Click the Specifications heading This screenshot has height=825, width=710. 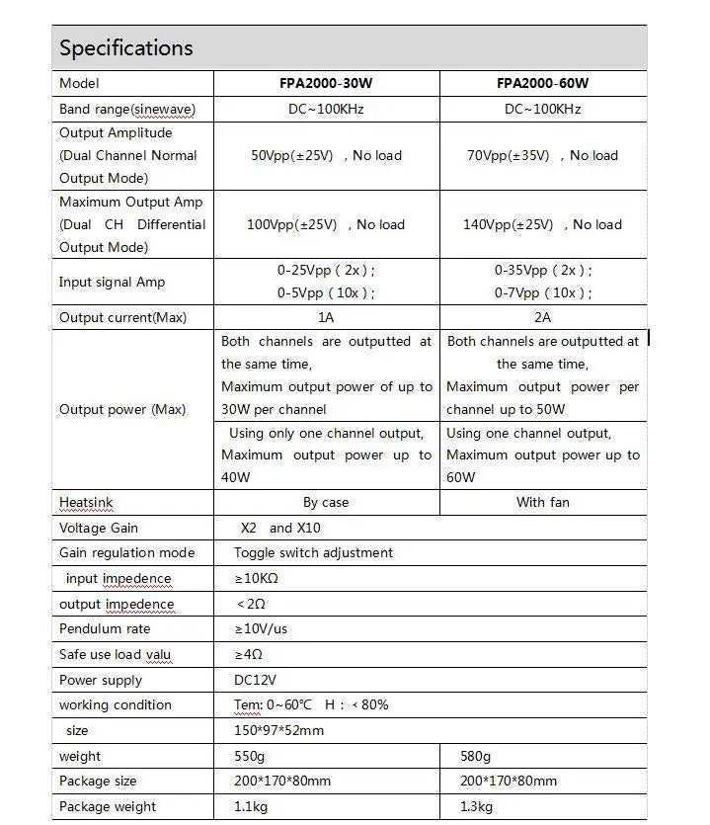(126, 47)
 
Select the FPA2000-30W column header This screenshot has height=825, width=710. (325, 84)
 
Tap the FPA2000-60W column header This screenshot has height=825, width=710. (542, 84)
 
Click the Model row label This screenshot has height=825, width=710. (79, 84)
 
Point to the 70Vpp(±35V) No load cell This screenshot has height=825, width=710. (542, 155)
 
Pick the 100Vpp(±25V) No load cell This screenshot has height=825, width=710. (325, 224)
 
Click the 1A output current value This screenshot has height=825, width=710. (325, 317)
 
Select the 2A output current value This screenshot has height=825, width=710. (542, 317)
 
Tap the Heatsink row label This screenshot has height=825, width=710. (86, 502)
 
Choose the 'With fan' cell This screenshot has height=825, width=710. (542, 502)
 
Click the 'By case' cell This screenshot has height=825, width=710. (325, 502)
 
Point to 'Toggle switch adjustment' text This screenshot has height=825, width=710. (313, 552)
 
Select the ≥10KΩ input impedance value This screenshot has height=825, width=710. (256, 578)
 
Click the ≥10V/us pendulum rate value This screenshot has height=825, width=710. (261, 628)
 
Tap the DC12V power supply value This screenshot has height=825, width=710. (255, 680)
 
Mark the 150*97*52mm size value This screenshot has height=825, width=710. (278, 730)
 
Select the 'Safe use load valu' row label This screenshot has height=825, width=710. (115, 654)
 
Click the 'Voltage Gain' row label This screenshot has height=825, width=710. (99, 528)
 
